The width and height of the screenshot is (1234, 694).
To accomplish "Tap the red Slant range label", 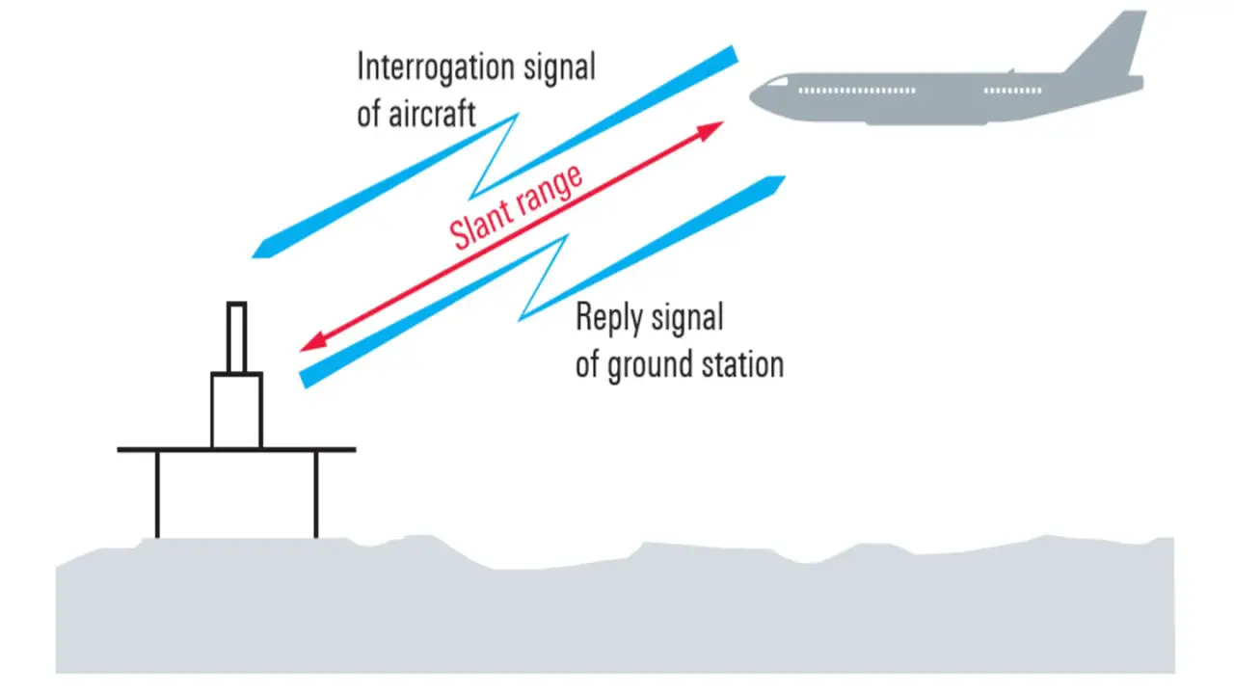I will click(x=517, y=207).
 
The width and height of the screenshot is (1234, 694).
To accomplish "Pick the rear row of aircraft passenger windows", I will click(x=1012, y=91).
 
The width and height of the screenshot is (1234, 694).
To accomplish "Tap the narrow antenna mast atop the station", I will click(x=236, y=337).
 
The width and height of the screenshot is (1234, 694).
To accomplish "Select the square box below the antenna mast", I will click(x=236, y=411).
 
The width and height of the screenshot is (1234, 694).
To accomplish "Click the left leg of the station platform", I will click(x=157, y=494).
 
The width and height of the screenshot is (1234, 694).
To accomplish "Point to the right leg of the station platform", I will click(x=316, y=494).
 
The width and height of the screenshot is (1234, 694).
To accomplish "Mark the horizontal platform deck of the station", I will click(x=236, y=449).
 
